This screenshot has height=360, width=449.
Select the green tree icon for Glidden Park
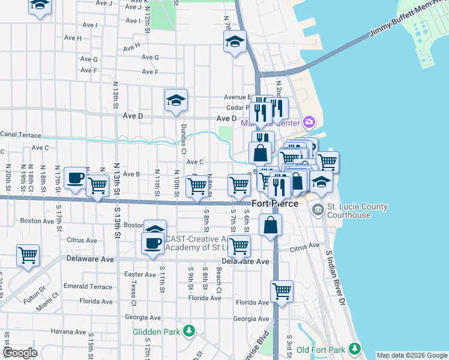click(189, 331)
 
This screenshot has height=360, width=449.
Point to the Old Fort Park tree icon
click(355, 349)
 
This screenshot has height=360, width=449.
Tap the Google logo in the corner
click(20, 353)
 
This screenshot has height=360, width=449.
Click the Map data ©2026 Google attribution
click(411, 355)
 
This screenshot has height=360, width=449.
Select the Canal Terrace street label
click(20, 134)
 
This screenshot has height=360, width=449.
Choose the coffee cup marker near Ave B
click(76, 178)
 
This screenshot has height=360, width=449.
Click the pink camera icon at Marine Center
click(309, 122)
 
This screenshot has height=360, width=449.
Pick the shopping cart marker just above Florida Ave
click(282, 292)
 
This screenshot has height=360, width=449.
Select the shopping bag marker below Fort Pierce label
click(271, 226)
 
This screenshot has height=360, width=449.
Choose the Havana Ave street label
click(68, 331)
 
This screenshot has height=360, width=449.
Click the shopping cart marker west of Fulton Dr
click(28, 256)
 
